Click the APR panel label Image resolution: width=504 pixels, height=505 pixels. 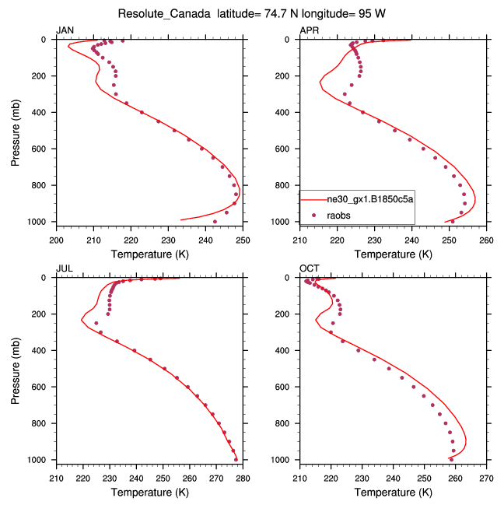309,30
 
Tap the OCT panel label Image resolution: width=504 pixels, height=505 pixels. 309,269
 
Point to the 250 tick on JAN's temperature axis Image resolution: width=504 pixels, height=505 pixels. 242,238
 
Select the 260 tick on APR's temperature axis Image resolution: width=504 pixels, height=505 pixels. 487,238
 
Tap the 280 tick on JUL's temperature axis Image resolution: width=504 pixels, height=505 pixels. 242,477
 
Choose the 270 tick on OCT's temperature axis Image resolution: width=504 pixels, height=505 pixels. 487,477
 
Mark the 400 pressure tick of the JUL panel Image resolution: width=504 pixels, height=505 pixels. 42,351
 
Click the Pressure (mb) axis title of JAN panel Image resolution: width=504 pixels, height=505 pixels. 16,131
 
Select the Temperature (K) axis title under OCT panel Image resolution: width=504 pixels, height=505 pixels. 394,492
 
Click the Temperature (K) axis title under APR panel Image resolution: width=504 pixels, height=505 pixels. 394,254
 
